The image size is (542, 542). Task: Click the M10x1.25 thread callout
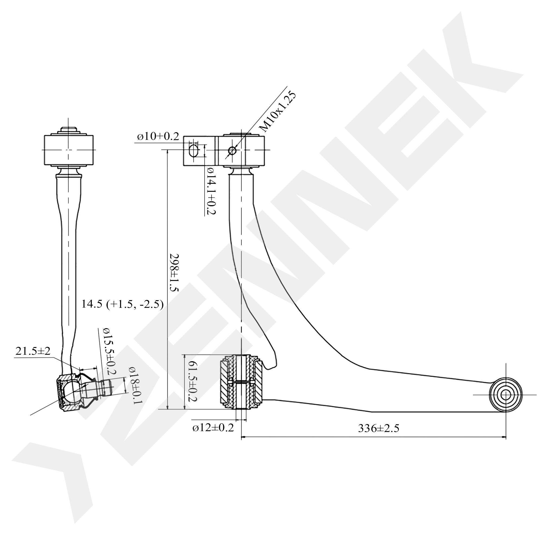[278, 111]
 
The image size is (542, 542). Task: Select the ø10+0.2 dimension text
[158, 137]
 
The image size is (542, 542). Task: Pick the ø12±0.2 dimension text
[213, 428]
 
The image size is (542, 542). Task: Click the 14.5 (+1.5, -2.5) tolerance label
[122, 304]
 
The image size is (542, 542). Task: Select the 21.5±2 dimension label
[33, 351]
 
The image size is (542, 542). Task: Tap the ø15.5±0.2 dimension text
[109, 352]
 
